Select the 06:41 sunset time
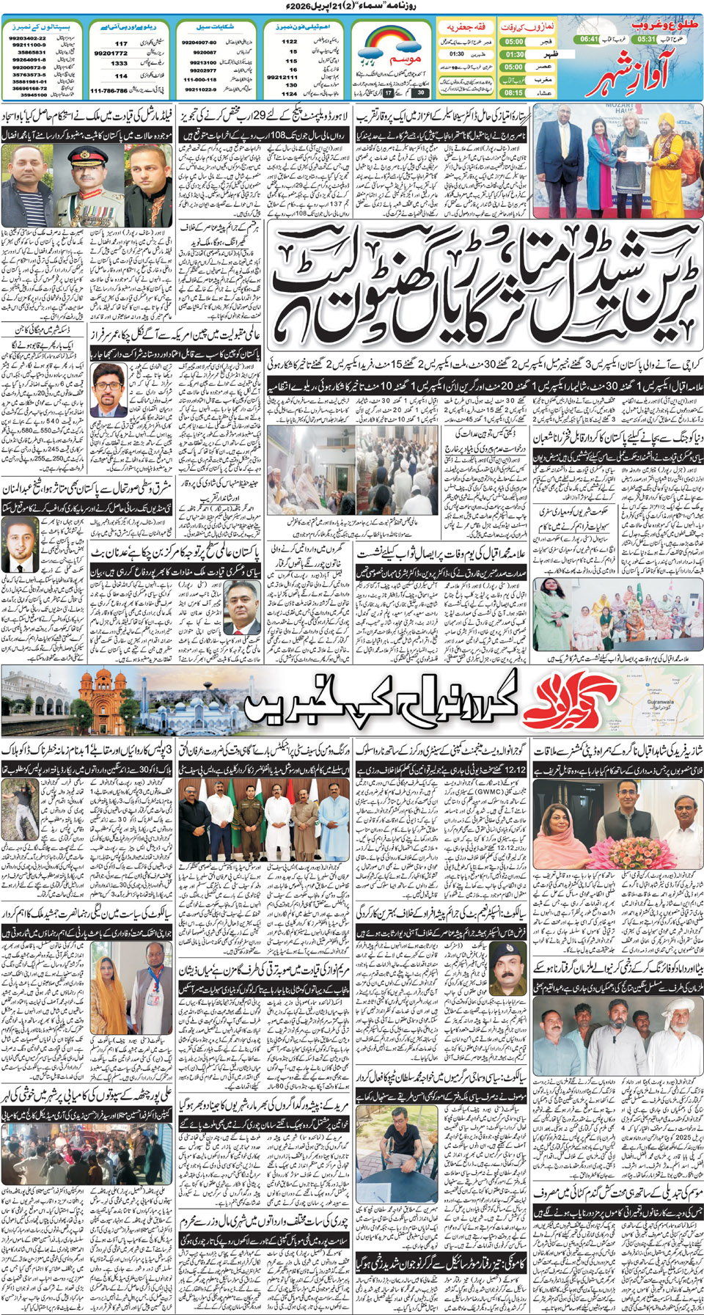click(x=589, y=39)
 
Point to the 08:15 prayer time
click(x=513, y=92)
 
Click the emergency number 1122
click(x=290, y=42)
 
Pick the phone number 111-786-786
click(x=109, y=91)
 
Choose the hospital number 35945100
click(x=33, y=95)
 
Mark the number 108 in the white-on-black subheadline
click(x=283, y=136)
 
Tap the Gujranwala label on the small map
click(x=660, y=702)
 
